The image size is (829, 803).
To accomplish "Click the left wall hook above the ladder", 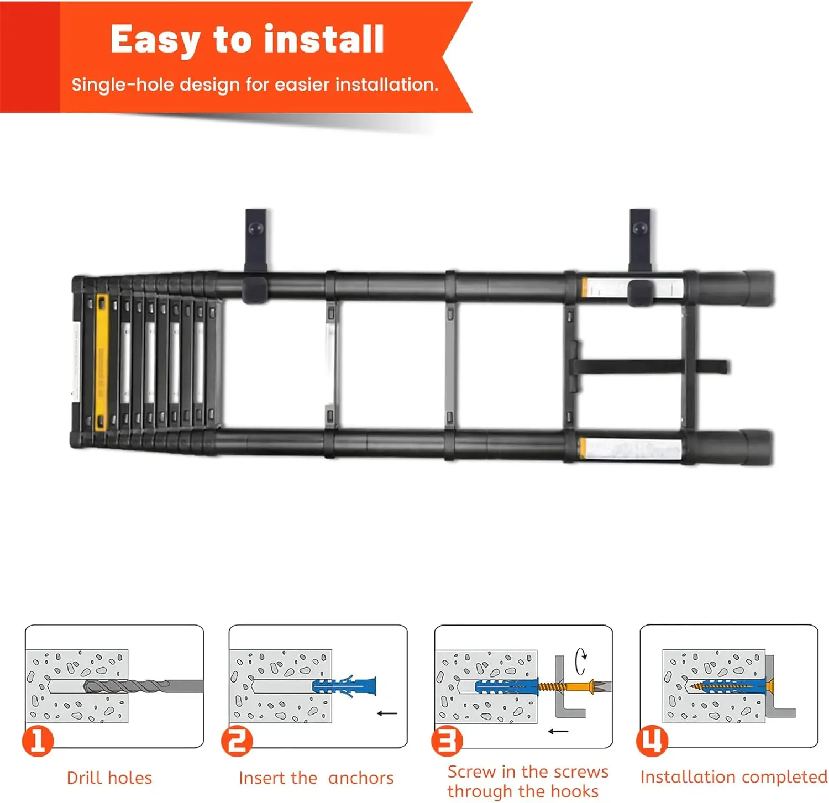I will tap(255, 238).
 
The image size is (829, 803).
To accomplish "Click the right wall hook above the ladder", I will tap(640, 238).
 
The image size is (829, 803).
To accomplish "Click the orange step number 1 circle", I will tap(38, 741).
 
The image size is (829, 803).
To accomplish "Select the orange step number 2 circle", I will tap(237, 741).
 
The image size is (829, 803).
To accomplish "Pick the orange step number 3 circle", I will tap(447, 741).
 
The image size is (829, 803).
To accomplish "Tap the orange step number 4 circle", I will tap(652, 741).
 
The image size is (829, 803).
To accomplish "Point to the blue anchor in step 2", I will tap(344, 686).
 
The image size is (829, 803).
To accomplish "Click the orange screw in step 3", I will tap(575, 687).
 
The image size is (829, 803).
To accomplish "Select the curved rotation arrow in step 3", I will tap(580, 661).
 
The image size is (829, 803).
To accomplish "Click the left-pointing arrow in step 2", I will tap(387, 713).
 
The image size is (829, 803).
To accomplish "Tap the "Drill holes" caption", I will tap(109, 778).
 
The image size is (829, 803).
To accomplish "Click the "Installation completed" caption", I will tap(733, 777).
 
